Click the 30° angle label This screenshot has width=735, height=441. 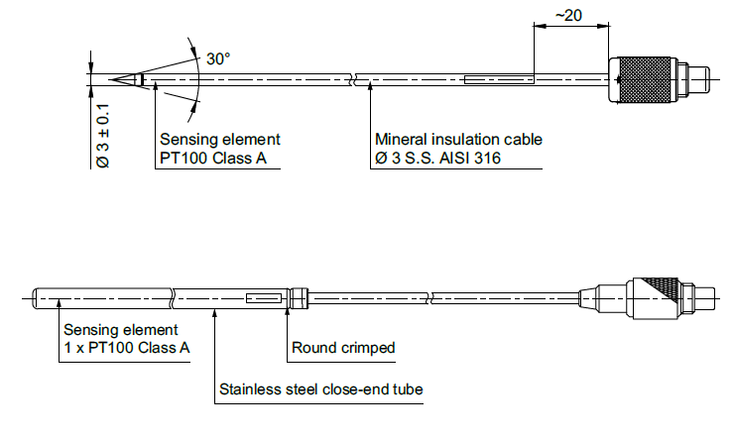pyautogui.click(x=218, y=58)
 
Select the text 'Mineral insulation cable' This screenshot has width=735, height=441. pyautogui.click(x=458, y=139)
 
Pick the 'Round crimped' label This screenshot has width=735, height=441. pyautogui.click(x=343, y=348)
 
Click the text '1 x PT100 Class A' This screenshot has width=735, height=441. pyautogui.click(x=128, y=348)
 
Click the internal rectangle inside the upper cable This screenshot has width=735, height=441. pyautogui.click(x=498, y=78)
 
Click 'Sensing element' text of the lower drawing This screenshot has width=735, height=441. pyautogui.click(x=121, y=329)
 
